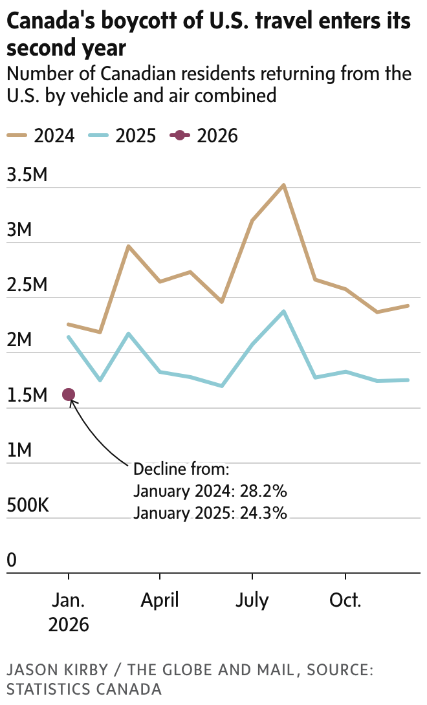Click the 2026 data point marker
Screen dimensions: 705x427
(x=69, y=395)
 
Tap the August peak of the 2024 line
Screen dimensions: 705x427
(x=283, y=185)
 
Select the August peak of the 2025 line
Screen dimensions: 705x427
(x=283, y=311)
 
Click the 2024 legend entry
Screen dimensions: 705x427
(x=41, y=136)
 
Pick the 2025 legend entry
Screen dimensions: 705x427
(x=122, y=136)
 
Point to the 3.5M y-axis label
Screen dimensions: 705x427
(x=27, y=175)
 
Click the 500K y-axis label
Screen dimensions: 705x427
(x=28, y=505)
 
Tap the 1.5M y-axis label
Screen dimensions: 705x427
(x=27, y=395)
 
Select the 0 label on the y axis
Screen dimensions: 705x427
(x=12, y=560)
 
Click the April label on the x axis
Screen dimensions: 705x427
(x=160, y=600)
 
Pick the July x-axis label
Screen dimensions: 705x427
(x=252, y=600)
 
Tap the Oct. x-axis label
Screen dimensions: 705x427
(x=345, y=600)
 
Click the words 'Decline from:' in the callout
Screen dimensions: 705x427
(x=181, y=469)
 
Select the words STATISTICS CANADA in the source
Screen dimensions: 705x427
(x=84, y=689)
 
